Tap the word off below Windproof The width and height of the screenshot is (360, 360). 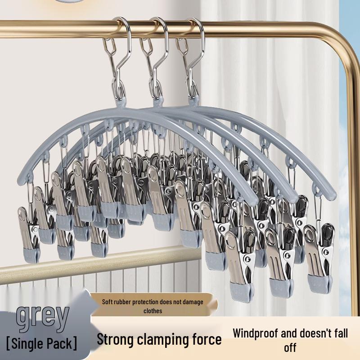pos(290,348)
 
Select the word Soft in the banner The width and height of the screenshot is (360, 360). pos(108,302)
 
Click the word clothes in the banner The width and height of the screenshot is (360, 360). pos(153,310)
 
